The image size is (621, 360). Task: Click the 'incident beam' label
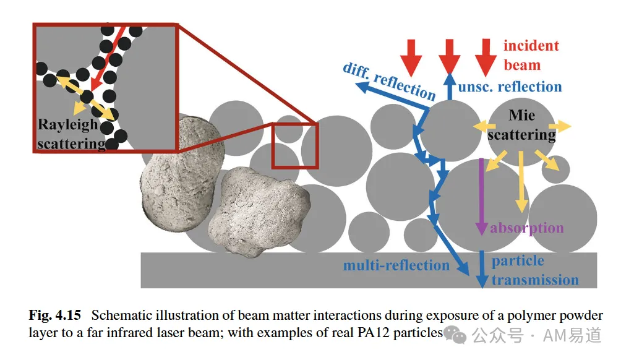point(531,55)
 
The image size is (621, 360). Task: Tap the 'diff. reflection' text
point(389,81)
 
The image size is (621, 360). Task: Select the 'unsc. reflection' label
point(510,87)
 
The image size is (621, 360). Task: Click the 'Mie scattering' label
point(521,125)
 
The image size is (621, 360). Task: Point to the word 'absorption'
point(527,228)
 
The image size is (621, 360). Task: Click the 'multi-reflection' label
point(396,265)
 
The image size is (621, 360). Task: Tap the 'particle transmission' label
point(535,270)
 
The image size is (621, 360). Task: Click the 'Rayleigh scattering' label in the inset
point(71,134)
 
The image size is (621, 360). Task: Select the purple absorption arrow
point(481,197)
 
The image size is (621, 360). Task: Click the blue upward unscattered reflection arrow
point(450,87)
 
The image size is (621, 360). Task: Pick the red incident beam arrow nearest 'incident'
point(486,58)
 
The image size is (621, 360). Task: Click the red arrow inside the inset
point(108,59)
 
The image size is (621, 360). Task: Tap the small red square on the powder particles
point(295,146)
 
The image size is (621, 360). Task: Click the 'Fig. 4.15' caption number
point(54,315)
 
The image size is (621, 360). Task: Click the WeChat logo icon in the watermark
point(455,335)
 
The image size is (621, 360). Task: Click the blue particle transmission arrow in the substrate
point(482,269)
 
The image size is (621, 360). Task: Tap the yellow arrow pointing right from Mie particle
point(560,126)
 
